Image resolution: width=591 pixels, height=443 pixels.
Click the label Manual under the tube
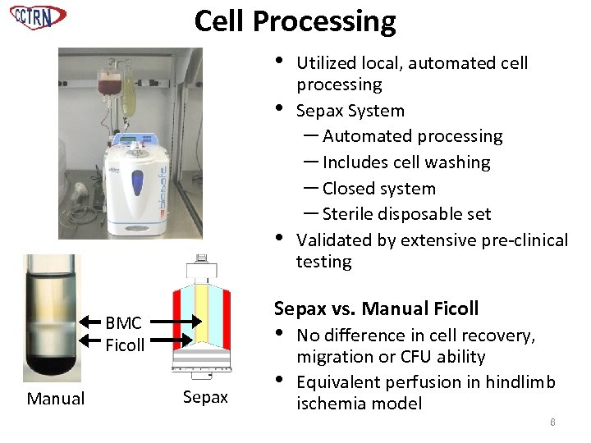pos(55,400)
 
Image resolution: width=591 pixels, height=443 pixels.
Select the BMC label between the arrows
pos(123,323)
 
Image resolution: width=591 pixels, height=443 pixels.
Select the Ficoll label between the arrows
pos(125,345)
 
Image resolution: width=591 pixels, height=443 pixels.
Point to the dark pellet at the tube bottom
pos(52,362)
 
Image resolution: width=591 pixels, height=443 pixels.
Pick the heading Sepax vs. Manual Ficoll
pos(375,309)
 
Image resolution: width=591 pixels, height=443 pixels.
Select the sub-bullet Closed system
pos(378,189)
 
